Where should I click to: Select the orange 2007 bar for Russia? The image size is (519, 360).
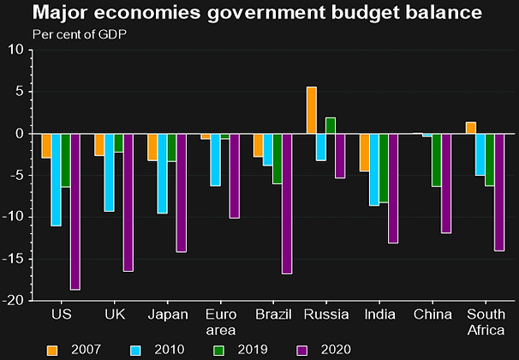pos(312,111)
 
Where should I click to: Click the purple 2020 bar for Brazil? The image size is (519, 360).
pos(287,204)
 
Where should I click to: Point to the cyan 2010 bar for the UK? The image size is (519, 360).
pos(109,173)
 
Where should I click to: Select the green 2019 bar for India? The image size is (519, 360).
pos(383,168)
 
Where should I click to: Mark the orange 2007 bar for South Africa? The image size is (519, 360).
pos(470,128)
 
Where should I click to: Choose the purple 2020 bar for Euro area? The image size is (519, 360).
pos(234,176)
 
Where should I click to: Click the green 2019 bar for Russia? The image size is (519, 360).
pos(331,125)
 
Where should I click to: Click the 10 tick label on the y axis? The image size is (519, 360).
pos(16,50)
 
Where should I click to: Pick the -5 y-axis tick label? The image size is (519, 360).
pos(18,175)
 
